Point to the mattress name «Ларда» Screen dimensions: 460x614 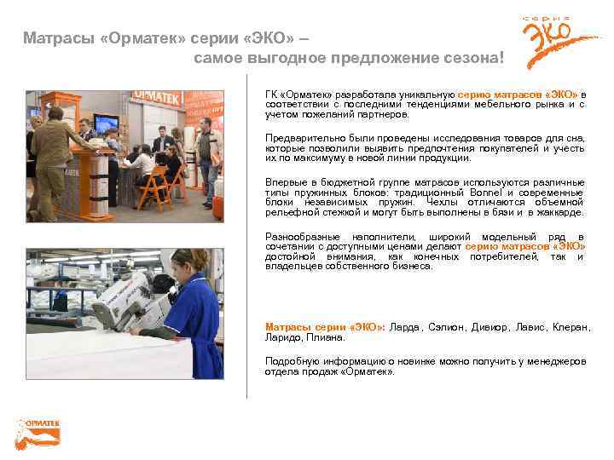click(x=404, y=327)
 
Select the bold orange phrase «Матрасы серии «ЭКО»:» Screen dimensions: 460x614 click(x=324, y=327)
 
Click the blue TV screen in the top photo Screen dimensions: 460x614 click(x=107, y=124)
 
